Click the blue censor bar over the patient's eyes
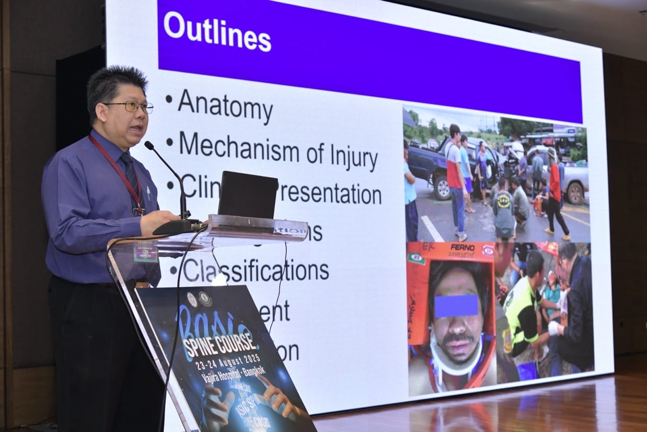click(456, 306)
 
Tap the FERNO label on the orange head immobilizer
click(462, 247)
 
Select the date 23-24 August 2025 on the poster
click(229, 362)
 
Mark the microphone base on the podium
click(178, 226)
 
